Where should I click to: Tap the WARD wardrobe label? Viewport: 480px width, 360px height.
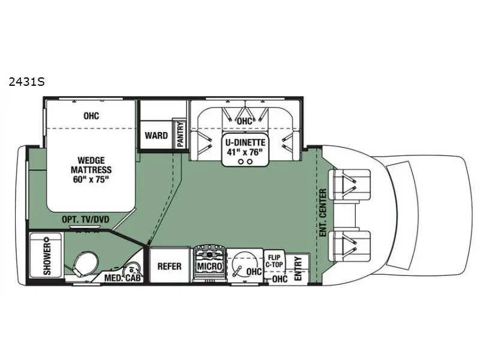coord(156,135)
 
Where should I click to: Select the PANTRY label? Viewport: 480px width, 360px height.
coord(179,133)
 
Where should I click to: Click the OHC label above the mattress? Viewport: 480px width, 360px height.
coord(91,116)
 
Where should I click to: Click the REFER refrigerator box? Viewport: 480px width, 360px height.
coord(169,266)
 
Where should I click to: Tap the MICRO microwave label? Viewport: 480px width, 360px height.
coord(208,266)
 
